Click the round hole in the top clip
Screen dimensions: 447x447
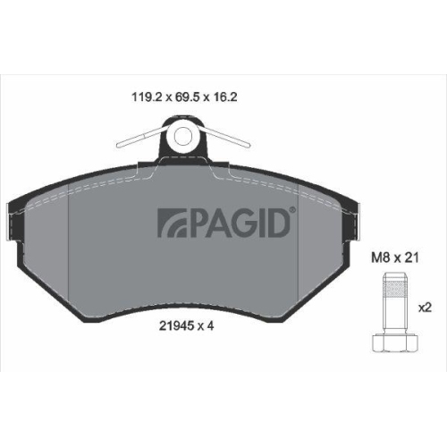(184, 136)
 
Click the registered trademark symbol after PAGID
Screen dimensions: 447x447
(292, 210)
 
